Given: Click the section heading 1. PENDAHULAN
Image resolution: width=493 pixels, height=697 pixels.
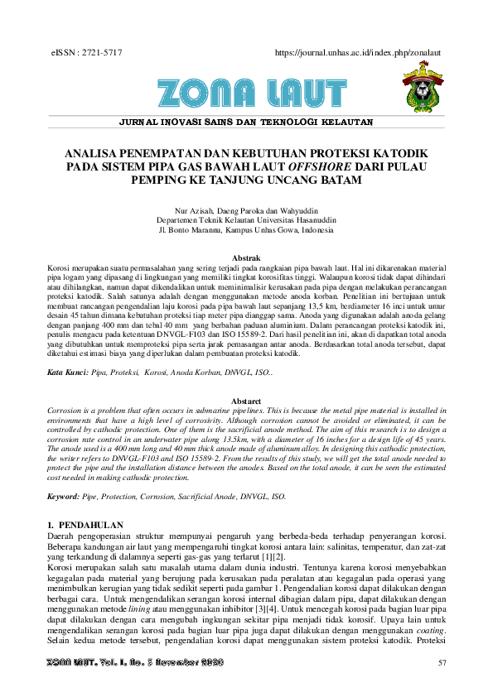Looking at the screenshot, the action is coord(85,526).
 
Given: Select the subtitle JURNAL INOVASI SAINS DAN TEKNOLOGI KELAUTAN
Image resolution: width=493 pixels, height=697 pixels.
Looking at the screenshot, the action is coord(246,122).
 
